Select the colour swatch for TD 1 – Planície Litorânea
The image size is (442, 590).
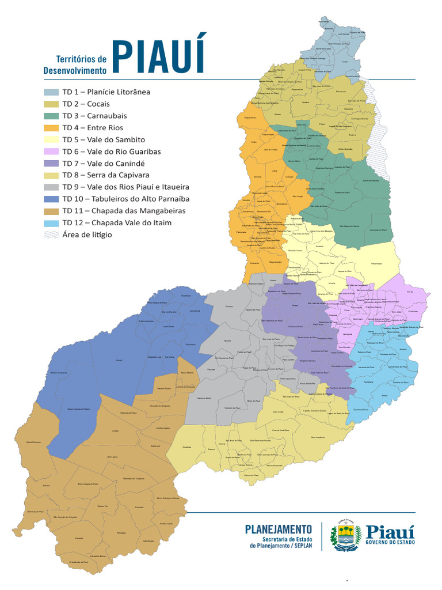pyautogui.click(x=51, y=92)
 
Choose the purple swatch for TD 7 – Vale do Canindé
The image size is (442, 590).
pyautogui.click(x=51, y=164)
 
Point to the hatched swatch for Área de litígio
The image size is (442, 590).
pyautogui.click(x=51, y=235)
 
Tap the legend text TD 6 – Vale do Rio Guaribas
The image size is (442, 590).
pyautogui.click(x=112, y=152)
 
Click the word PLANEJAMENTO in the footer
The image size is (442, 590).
pyautogui.click(x=279, y=528)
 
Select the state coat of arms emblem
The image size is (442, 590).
pyautogui.click(x=345, y=536)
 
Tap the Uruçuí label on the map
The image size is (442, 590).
pyautogui.click(x=120, y=360)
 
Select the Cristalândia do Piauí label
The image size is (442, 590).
pyautogui.click(x=78, y=562)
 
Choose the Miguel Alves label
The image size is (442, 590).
pyautogui.click(x=250, y=116)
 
